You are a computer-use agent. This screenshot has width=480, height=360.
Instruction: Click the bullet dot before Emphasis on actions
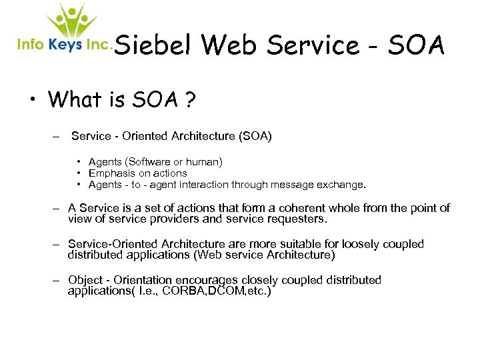pos(79,173)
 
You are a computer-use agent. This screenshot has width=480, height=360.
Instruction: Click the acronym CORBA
pos(184,291)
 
